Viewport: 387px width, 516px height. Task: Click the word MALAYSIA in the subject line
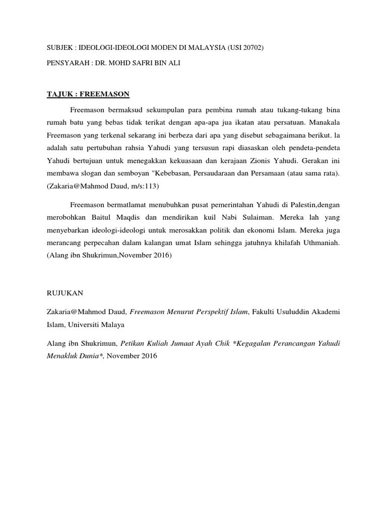tap(197, 47)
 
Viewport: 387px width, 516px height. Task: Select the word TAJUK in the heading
tap(58, 94)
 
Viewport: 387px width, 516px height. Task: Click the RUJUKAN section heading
tap(66, 292)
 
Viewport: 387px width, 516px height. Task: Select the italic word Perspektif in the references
tap(201, 312)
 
